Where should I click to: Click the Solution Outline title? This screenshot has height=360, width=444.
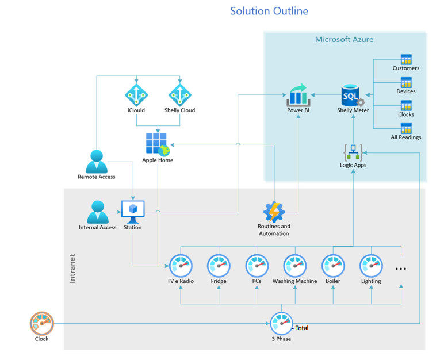click(269, 11)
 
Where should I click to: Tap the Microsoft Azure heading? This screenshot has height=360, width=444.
click(344, 40)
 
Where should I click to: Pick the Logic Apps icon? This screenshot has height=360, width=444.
click(353, 151)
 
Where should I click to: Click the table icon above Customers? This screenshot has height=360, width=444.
click(406, 59)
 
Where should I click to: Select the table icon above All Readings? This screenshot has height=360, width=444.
click(406, 128)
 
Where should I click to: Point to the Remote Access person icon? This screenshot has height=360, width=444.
click(97, 162)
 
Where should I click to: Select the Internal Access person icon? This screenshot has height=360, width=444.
click(97, 212)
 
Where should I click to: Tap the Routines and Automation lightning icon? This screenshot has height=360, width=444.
click(274, 212)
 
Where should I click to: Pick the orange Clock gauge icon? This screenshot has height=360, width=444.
click(41, 323)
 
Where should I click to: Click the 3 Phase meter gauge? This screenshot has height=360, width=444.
click(282, 323)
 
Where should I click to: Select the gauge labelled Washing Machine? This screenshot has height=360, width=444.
click(294, 266)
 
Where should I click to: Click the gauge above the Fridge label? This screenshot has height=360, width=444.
click(219, 266)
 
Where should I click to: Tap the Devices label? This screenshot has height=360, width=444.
click(406, 91)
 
